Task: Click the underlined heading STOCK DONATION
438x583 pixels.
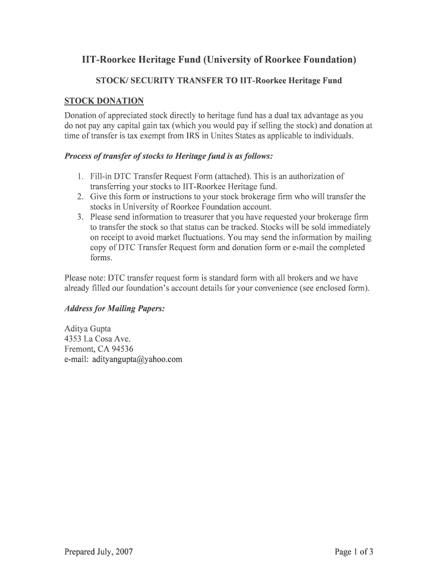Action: (x=104, y=101)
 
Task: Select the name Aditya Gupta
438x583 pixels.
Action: (x=88, y=329)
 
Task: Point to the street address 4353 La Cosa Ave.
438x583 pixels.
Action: (x=98, y=339)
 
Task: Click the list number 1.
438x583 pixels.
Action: (x=81, y=176)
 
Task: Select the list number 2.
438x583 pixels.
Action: (x=81, y=197)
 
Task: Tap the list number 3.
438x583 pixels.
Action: (x=81, y=217)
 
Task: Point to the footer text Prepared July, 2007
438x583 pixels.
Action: (x=99, y=551)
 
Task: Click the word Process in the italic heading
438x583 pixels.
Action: (x=80, y=156)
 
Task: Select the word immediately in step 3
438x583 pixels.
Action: (x=348, y=228)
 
